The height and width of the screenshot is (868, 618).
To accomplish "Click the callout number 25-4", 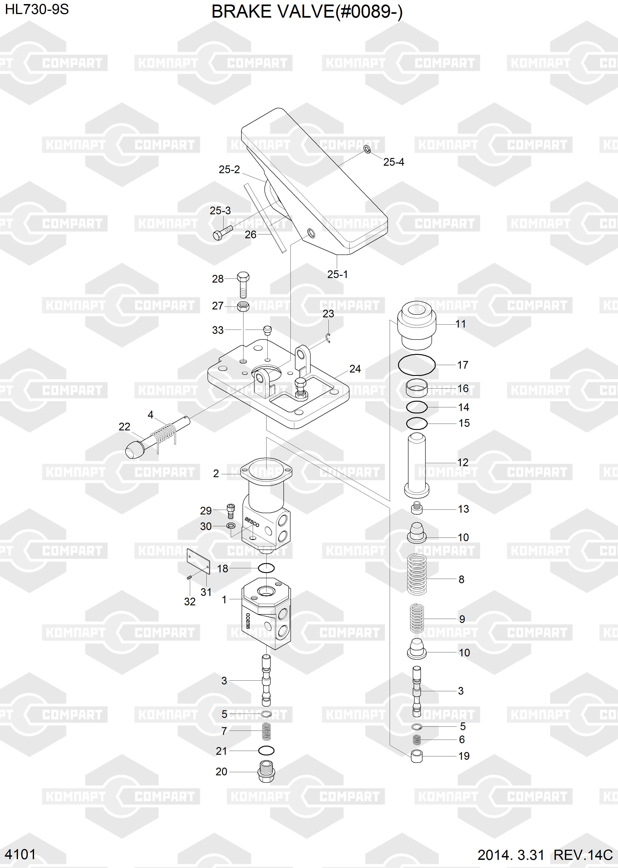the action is (x=394, y=162).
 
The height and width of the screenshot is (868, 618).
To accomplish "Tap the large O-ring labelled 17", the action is (x=417, y=365).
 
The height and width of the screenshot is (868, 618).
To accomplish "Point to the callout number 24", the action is (x=355, y=369).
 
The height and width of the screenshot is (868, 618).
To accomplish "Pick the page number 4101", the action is (x=20, y=854).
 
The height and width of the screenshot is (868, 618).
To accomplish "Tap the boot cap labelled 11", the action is (x=417, y=325).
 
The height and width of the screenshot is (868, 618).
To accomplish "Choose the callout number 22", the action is (x=125, y=427).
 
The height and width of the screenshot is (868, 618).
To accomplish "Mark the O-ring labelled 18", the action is (x=266, y=568).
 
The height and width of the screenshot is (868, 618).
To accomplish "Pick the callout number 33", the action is (x=218, y=330).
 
